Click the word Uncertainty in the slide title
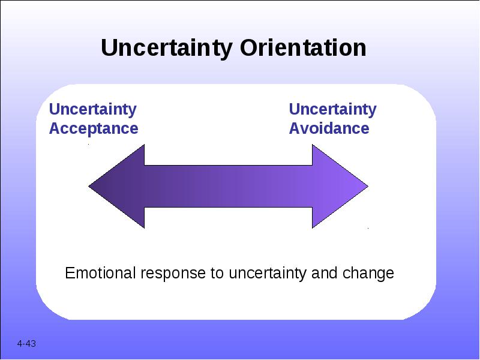click(166, 49)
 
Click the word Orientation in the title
click(303, 47)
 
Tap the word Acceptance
click(94, 128)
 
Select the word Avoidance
click(329, 128)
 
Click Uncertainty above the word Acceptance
click(93, 110)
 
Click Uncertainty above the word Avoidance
click(333, 110)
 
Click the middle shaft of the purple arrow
click(229, 186)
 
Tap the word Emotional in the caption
click(100, 273)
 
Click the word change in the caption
click(368, 274)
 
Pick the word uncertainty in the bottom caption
click(267, 274)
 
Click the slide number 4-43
click(26, 344)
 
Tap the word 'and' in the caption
click(324, 273)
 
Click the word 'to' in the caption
click(217, 274)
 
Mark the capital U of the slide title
click(109, 48)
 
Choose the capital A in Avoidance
click(295, 128)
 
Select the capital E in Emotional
click(70, 273)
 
